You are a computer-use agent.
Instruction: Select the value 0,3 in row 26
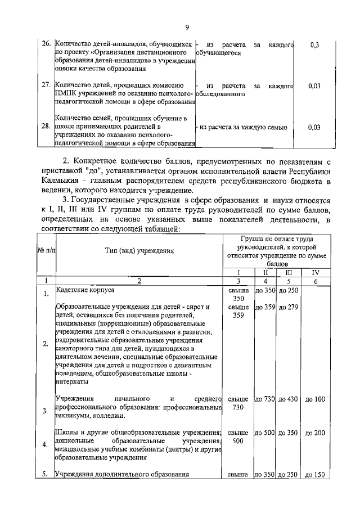[314, 45]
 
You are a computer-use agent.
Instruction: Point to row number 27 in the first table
[47, 86]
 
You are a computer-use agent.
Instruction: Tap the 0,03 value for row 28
[314, 127]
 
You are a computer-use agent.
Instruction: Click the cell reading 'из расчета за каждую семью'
[243, 127]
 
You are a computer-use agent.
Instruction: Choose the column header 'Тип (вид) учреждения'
[138, 250]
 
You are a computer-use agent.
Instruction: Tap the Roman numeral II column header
[265, 272]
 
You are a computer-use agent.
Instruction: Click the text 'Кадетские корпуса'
[85, 290]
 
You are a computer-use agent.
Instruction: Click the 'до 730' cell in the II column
[265, 399]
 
